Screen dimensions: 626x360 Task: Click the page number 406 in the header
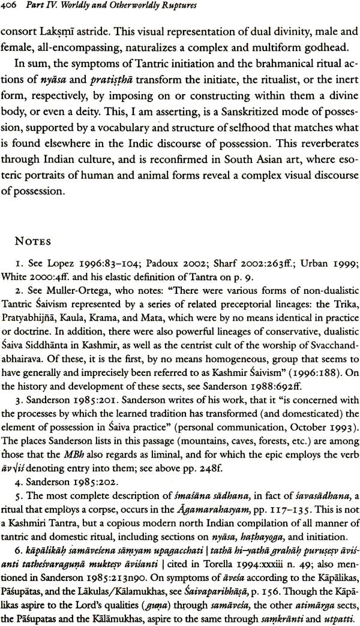[x=12, y=8]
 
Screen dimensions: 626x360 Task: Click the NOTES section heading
[x=38, y=259]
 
